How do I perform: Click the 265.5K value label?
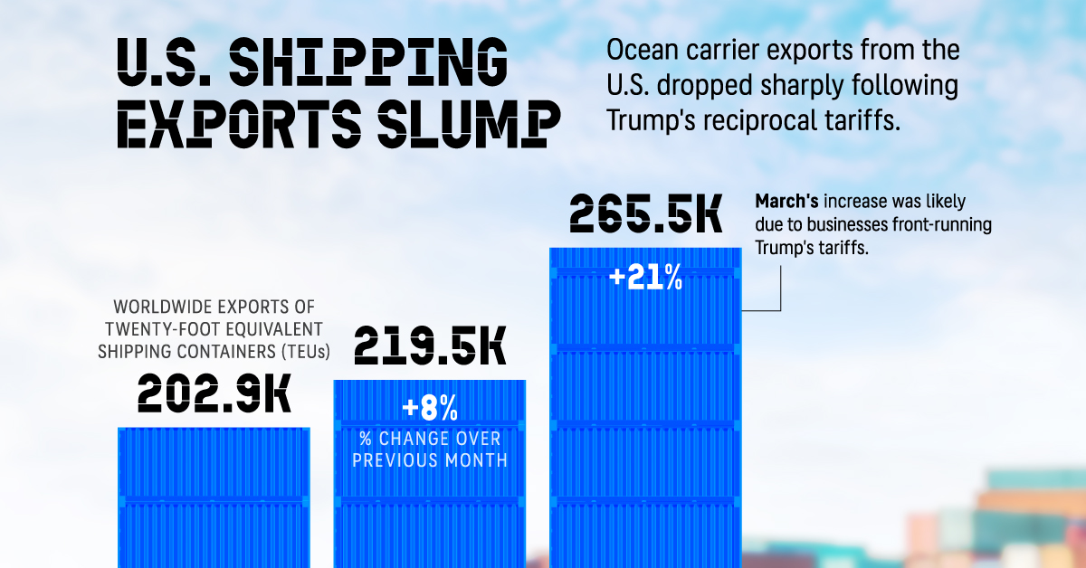[645, 214]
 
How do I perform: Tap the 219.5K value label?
[429, 346]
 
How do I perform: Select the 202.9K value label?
[214, 394]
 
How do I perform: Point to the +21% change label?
[645, 278]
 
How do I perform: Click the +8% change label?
[430, 410]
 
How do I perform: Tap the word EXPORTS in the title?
[223, 124]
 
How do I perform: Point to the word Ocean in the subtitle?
[641, 52]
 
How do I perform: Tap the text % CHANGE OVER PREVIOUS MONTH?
[430, 450]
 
